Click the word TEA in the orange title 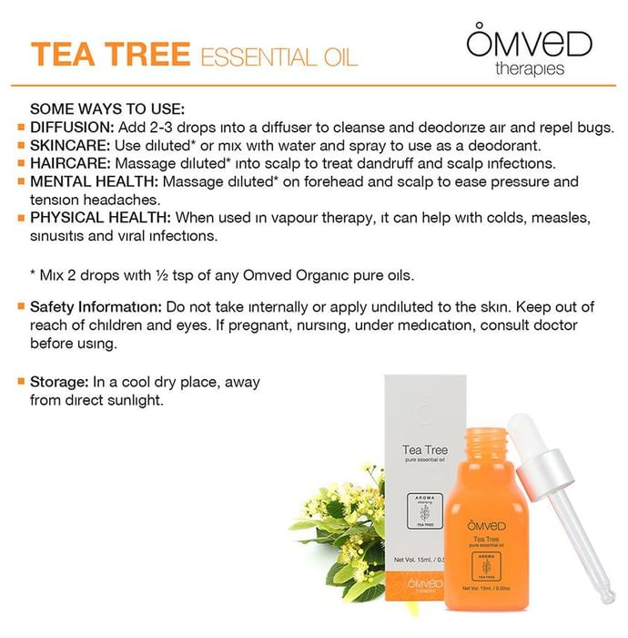click(x=64, y=54)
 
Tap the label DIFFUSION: click(x=72, y=128)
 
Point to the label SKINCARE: click(x=70, y=145)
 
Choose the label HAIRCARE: click(x=70, y=163)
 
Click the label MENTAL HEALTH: click(x=94, y=181)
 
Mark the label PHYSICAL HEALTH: click(x=100, y=218)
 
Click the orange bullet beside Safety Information click(x=21, y=306)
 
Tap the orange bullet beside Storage click(x=21, y=382)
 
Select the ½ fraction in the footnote click(x=162, y=275)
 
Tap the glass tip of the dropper click(x=606, y=596)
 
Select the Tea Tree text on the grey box click(x=425, y=449)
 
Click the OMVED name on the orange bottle click(x=486, y=525)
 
